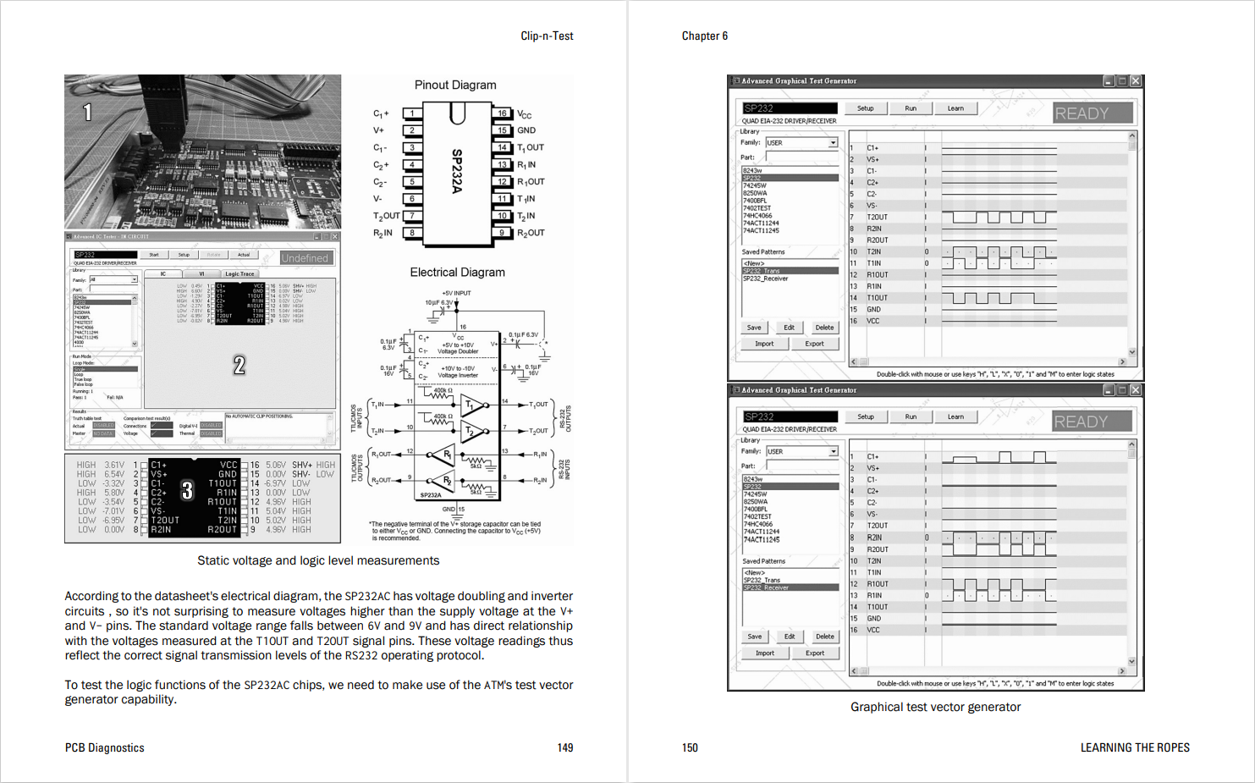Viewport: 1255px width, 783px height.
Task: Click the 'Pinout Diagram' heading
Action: (x=455, y=85)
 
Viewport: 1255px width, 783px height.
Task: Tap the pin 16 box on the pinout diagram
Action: (x=502, y=113)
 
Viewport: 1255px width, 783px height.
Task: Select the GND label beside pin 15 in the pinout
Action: (x=526, y=130)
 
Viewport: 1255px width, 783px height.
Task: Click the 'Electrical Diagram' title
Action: (x=457, y=272)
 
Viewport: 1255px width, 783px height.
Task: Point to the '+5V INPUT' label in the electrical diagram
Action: (x=456, y=293)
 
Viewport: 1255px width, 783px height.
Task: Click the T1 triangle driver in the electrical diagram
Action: (x=471, y=405)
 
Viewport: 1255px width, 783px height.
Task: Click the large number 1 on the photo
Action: (x=87, y=112)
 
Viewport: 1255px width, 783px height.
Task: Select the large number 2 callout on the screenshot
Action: (x=239, y=365)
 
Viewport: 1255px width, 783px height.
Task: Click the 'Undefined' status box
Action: (x=305, y=258)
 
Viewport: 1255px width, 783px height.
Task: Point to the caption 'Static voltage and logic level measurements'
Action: (x=318, y=560)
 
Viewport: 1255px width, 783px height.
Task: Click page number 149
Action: (x=564, y=747)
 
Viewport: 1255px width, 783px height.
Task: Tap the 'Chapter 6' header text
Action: (x=704, y=36)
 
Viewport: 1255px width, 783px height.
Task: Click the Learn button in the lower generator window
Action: (x=955, y=416)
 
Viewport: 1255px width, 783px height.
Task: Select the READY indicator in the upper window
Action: (x=1092, y=113)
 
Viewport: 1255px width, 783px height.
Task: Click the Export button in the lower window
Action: (x=814, y=653)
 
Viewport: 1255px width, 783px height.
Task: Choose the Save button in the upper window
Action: (x=753, y=328)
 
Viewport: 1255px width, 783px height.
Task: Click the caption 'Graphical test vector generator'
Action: (x=935, y=707)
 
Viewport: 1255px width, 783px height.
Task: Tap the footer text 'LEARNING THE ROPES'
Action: (x=1134, y=747)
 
